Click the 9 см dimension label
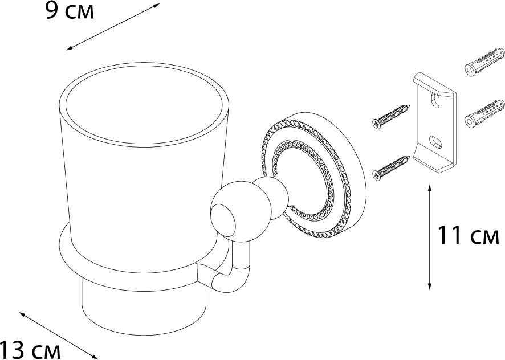click(70, 11)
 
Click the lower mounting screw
click(391, 167)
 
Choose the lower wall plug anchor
click(484, 114)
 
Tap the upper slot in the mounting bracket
click(436, 100)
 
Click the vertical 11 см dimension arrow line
click(430, 237)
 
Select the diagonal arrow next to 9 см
click(113, 27)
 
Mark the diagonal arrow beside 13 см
click(58, 336)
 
